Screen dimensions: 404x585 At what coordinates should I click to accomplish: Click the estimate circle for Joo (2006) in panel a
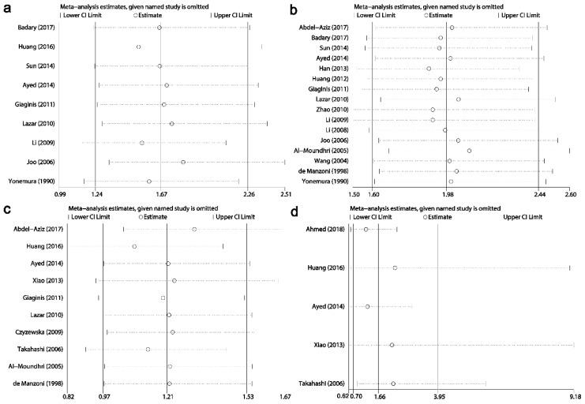coord(183,162)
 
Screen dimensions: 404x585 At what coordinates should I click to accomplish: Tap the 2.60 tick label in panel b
coord(570,194)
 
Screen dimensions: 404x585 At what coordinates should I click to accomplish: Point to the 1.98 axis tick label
coord(447,194)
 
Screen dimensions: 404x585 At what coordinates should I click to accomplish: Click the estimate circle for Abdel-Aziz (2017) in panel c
coord(194,229)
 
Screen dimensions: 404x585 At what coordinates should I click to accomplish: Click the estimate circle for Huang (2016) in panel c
coord(134,246)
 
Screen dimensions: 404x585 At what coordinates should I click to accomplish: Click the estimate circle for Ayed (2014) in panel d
coord(367,306)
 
